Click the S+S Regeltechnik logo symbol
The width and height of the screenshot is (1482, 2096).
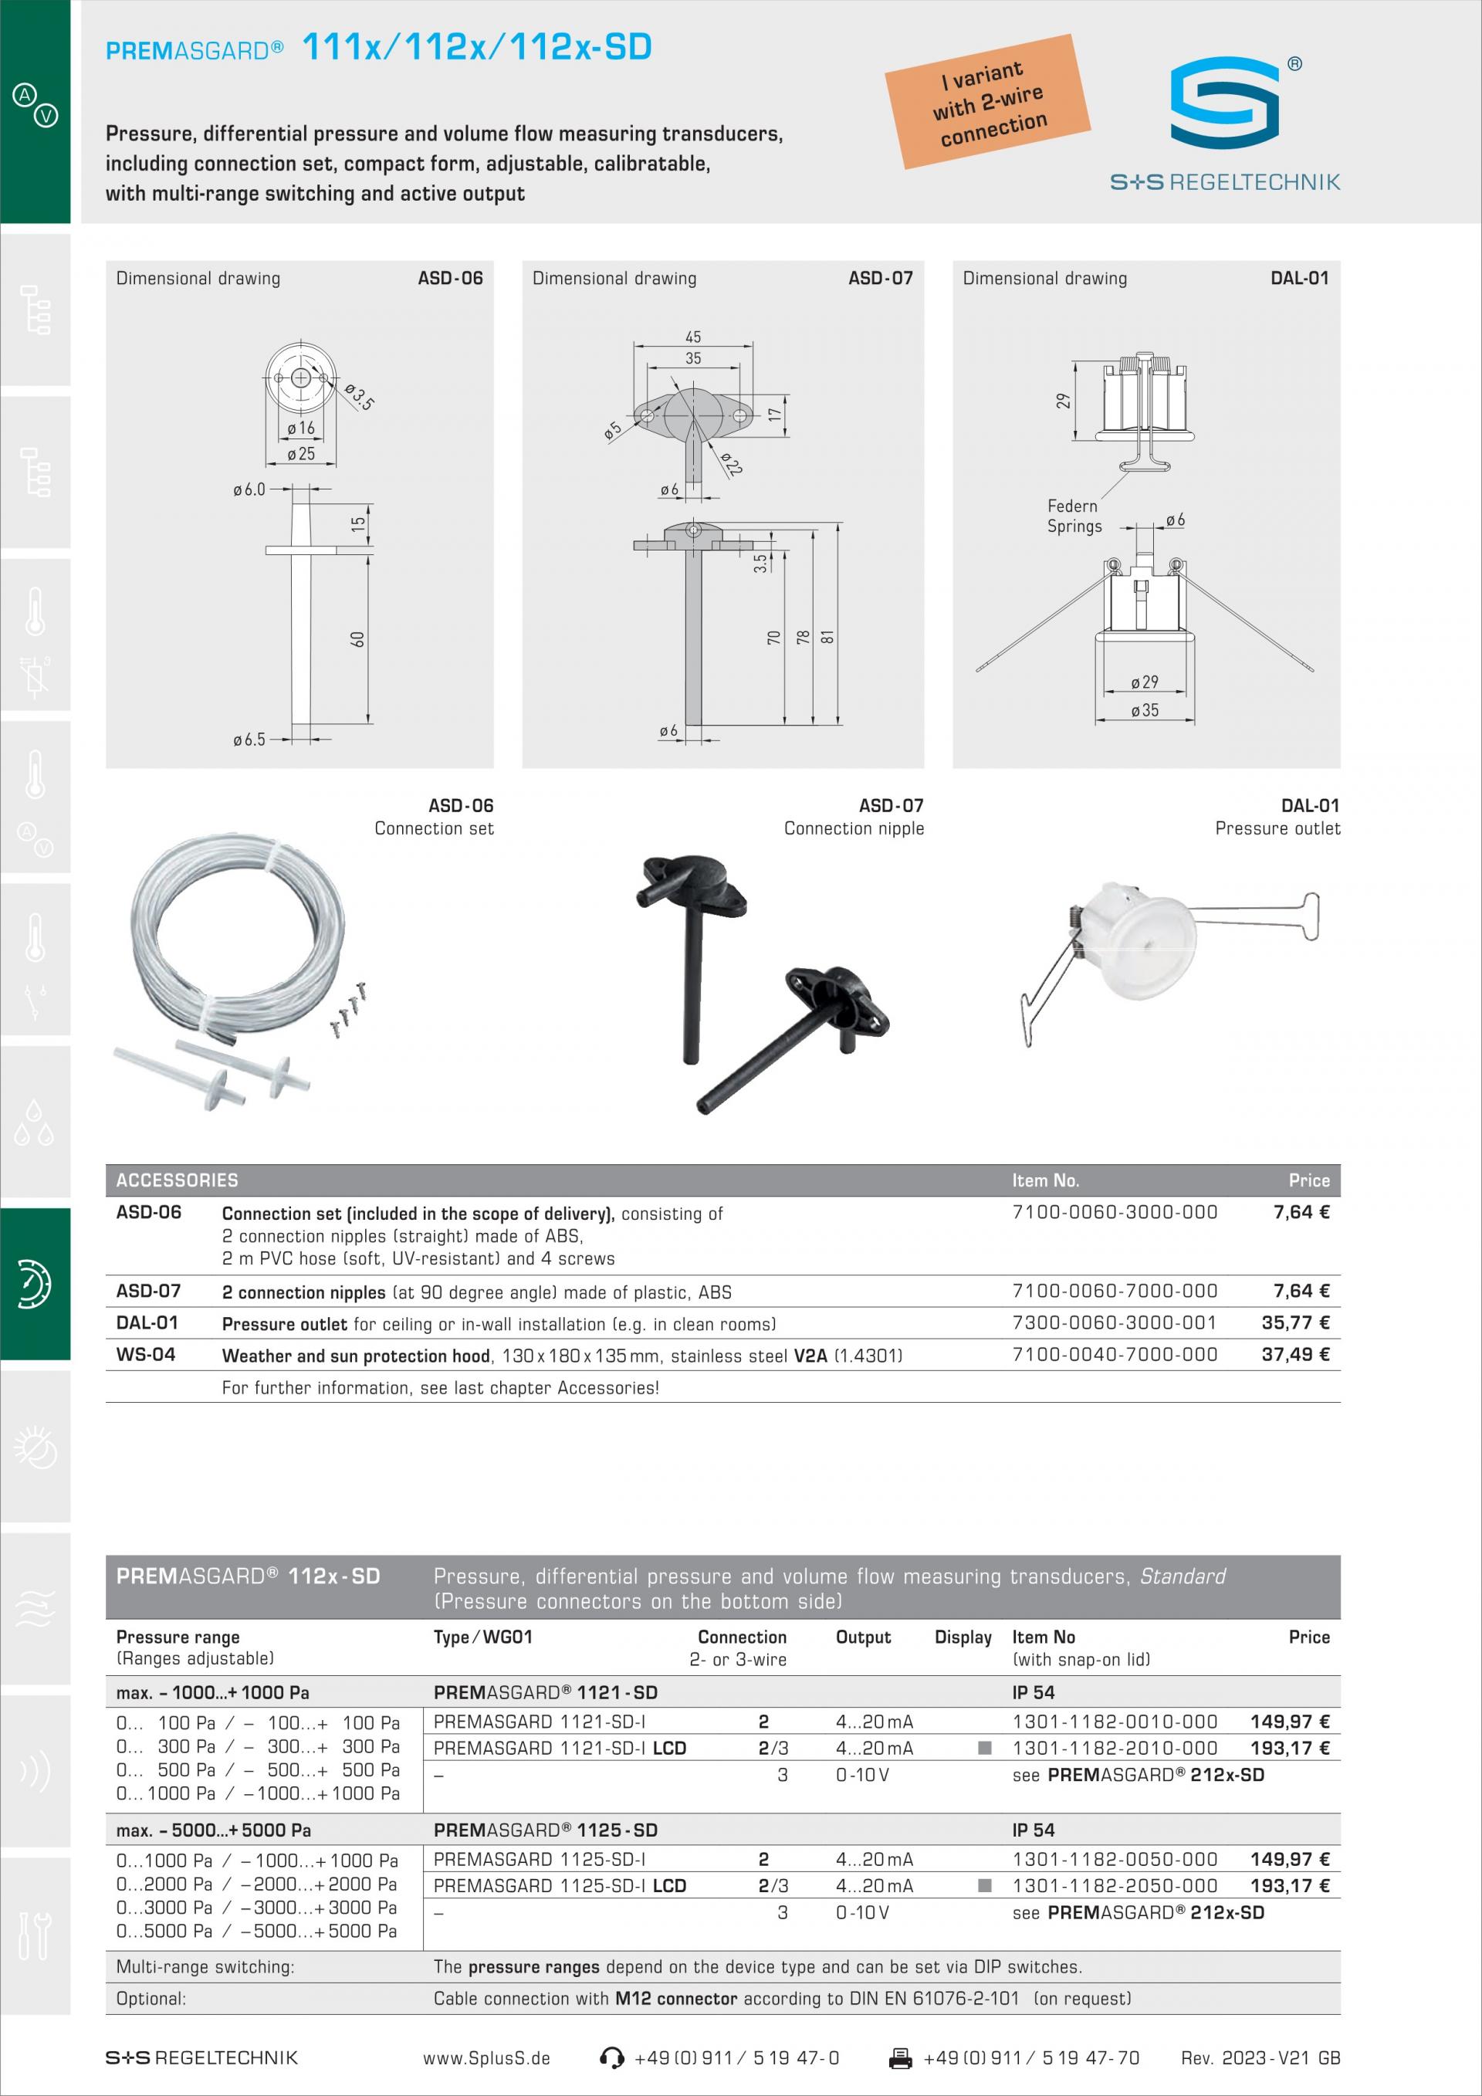click(1225, 102)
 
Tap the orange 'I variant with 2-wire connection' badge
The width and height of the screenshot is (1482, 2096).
click(988, 101)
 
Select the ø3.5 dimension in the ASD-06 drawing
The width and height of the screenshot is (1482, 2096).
click(360, 396)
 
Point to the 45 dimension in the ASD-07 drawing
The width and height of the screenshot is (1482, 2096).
click(694, 337)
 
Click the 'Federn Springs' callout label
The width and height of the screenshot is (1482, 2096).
click(1074, 516)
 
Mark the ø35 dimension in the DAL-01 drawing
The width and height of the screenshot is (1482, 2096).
click(1145, 709)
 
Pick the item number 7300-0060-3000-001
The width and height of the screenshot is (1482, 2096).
click(1115, 1322)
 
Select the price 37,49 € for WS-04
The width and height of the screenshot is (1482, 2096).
click(1295, 1355)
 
